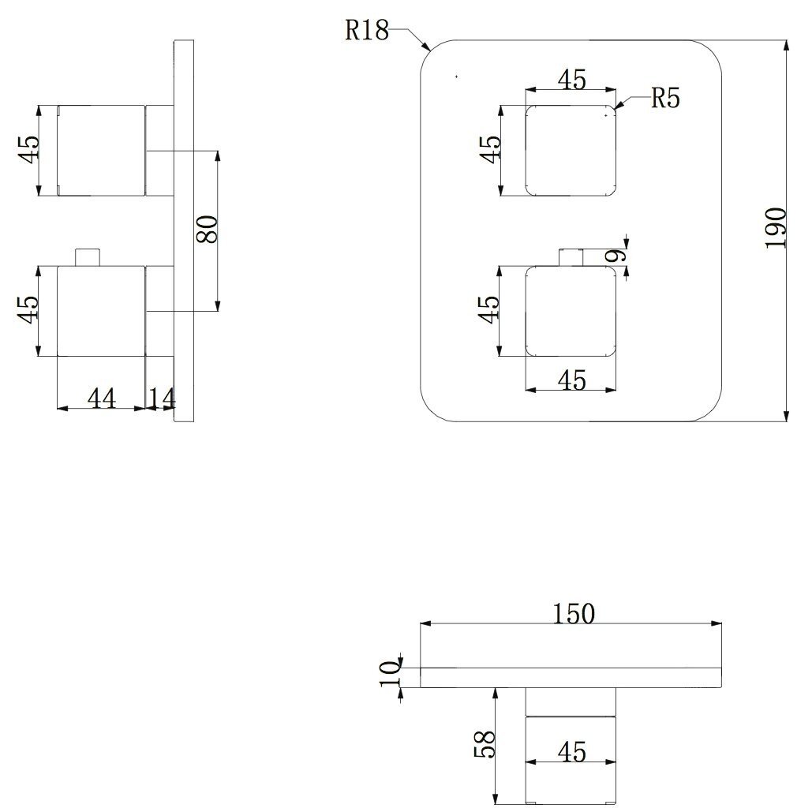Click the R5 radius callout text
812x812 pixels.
coord(665,98)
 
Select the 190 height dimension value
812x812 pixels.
coord(776,228)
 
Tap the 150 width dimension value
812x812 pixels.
coord(574,614)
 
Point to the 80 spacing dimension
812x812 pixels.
coord(207,229)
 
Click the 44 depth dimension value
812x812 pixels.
coord(102,399)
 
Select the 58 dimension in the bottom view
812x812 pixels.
coord(485,744)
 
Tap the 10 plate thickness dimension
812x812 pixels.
coord(391,673)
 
